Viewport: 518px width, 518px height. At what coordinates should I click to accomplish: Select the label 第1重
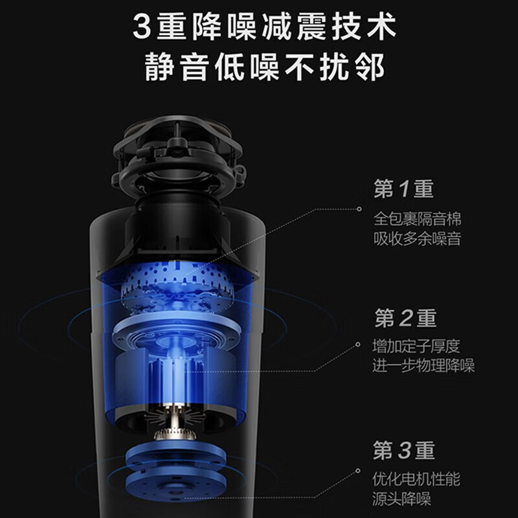pos(403,189)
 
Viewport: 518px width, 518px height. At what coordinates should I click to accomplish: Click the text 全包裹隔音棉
pos(418,218)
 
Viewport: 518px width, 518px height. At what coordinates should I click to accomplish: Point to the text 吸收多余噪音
pos(418,238)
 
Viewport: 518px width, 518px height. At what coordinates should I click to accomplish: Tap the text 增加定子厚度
pos(418,346)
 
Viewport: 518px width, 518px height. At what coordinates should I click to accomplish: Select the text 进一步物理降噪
pos(423,366)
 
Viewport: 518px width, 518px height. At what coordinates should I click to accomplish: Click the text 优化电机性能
pos(418,479)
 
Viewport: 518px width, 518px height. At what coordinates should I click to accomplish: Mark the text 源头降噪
pos(402,499)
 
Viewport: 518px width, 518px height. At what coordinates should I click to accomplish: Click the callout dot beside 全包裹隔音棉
pos(359,209)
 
